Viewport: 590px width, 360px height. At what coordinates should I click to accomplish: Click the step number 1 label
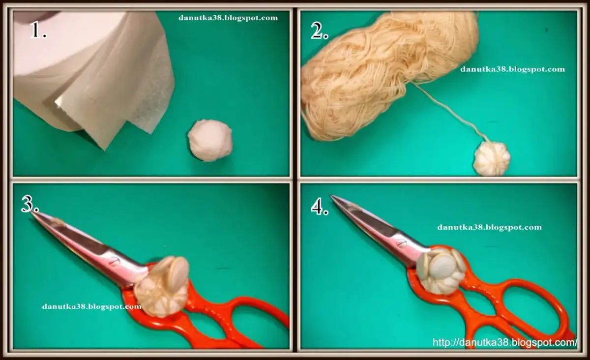(x=38, y=30)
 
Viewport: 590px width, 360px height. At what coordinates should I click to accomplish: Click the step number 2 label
(x=320, y=30)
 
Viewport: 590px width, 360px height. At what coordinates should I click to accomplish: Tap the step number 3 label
(x=30, y=204)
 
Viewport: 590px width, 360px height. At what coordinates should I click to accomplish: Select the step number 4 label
(x=320, y=207)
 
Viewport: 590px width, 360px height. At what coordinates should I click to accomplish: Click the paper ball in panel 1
(x=210, y=141)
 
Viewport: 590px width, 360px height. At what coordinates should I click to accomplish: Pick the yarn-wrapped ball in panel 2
(x=492, y=158)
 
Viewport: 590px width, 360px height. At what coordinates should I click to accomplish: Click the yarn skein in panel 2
(x=390, y=74)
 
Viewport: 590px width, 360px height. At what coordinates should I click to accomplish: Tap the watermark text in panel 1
(x=228, y=18)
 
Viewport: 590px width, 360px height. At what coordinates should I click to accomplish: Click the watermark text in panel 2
(x=512, y=69)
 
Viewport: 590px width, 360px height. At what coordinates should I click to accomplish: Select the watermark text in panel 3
(x=91, y=306)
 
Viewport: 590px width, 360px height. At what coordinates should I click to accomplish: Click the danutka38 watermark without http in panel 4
(x=490, y=227)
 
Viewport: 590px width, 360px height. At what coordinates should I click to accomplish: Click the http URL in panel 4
(x=505, y=342)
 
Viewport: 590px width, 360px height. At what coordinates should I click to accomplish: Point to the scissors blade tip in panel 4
(x=331, y=195)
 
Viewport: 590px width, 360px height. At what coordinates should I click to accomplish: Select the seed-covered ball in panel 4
(x=441, y=270)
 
